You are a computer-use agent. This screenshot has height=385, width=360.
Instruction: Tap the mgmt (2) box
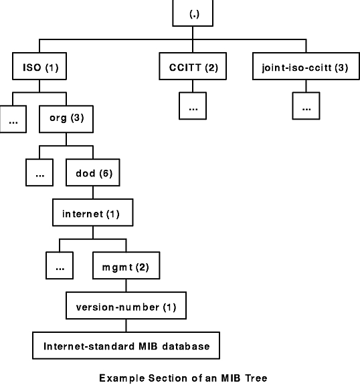click(x=120, y=267)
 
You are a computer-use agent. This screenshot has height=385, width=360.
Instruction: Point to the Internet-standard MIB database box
click(x=125, y=346)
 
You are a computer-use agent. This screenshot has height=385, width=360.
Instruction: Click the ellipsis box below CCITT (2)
click(x=193, y=106)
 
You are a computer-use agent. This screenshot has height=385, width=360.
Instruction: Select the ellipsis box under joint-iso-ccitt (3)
click(x=306, y=106)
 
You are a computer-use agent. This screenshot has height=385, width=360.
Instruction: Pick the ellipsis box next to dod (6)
click(x=39, y=174)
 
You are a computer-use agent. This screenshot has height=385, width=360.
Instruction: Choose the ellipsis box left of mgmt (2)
click(x=60, y=267)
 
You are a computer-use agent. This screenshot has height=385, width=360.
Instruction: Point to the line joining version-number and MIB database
click(x=125, y=326)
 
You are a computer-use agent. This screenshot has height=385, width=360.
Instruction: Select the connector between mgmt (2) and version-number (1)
click(x=125, y=287)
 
